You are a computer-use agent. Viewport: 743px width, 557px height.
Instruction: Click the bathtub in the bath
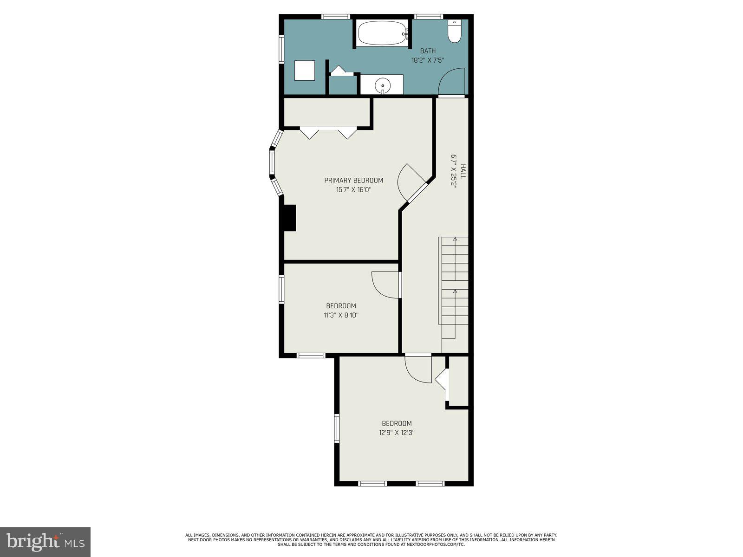382,33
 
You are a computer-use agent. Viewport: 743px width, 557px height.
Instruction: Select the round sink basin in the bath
382,85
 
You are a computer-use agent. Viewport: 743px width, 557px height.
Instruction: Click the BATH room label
428,51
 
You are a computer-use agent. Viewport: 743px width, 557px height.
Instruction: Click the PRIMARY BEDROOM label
353,181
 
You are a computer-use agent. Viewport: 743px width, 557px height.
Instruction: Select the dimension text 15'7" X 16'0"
353,190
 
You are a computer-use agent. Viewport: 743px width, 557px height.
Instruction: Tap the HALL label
463,171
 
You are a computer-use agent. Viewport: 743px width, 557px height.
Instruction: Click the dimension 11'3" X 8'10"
341,315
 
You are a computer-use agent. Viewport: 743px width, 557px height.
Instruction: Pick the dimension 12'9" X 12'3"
397,433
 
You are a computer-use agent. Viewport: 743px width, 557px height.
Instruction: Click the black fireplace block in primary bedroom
290,218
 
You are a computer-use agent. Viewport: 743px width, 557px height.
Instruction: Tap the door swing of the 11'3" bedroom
385,285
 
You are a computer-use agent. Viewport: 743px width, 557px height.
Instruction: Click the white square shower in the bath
305,71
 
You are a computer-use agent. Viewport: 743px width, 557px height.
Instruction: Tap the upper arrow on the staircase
455,240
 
